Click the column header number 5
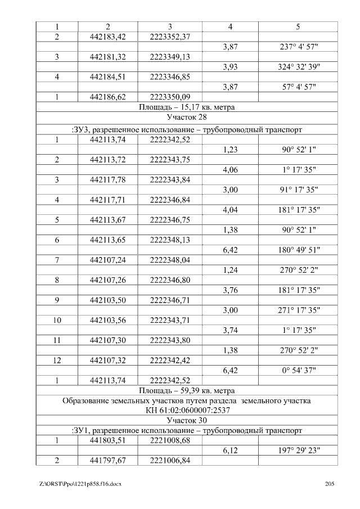tap(298, 26)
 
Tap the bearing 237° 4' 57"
tap(298, 47)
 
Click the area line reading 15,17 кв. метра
tap(186, 107)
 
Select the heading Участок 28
tap(186, 118)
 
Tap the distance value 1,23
tap(231, 150)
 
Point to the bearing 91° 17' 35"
tap(298, 190)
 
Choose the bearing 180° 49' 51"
tap(298, 250)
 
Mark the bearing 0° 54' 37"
tap(298, 371)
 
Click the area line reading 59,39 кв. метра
tap(186, 390)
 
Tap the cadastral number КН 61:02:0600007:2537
tap(186, 411)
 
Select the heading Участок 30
tap(186, 420)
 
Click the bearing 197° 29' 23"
tap(298, 451)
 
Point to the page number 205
tap(330, 484)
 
